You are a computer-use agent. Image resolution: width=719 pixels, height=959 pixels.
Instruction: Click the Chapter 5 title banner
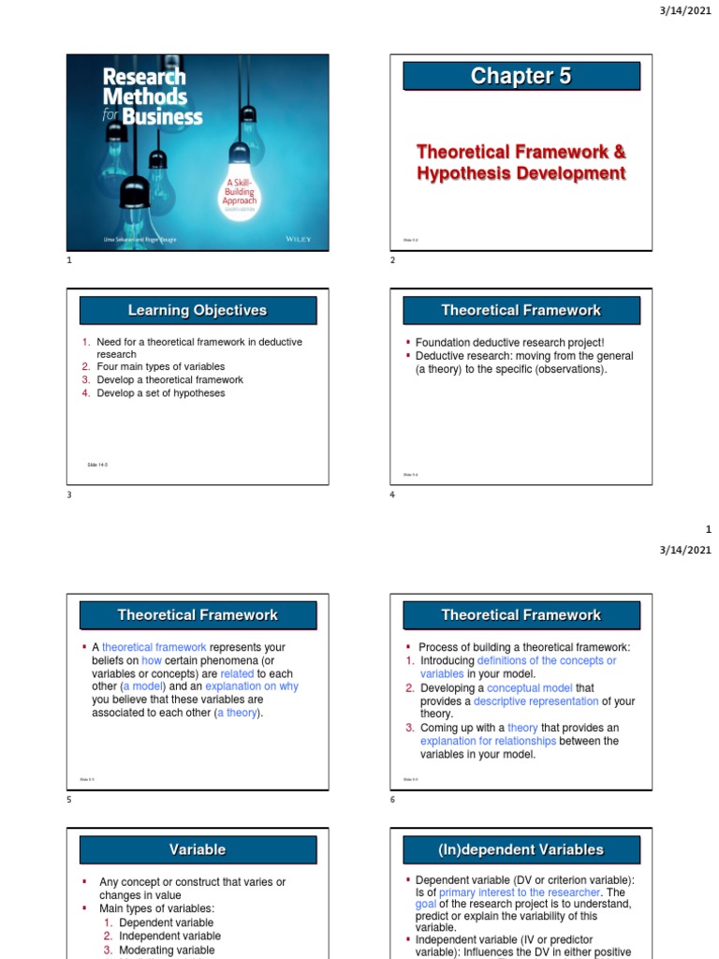(521, 77)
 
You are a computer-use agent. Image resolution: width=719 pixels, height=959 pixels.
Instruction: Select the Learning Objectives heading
(198, 311)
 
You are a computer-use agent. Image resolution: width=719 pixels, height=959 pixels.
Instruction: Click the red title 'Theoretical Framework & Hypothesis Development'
(521, 162)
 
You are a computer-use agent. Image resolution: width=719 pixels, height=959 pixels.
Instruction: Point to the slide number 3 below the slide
(69, 495)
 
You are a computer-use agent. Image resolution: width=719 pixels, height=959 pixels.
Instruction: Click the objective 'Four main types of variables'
(160, 367)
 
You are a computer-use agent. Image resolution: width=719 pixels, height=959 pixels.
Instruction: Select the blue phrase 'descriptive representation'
(536, 701)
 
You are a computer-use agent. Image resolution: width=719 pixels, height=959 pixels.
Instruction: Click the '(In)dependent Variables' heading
(521, 850)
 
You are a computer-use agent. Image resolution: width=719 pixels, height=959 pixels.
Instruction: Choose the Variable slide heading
(198, 850)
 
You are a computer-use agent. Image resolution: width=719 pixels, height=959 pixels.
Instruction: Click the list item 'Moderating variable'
(166, 951)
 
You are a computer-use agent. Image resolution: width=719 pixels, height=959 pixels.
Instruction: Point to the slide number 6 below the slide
(393, 800)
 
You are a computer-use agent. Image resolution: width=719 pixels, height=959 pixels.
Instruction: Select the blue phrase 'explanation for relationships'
(488, 741)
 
